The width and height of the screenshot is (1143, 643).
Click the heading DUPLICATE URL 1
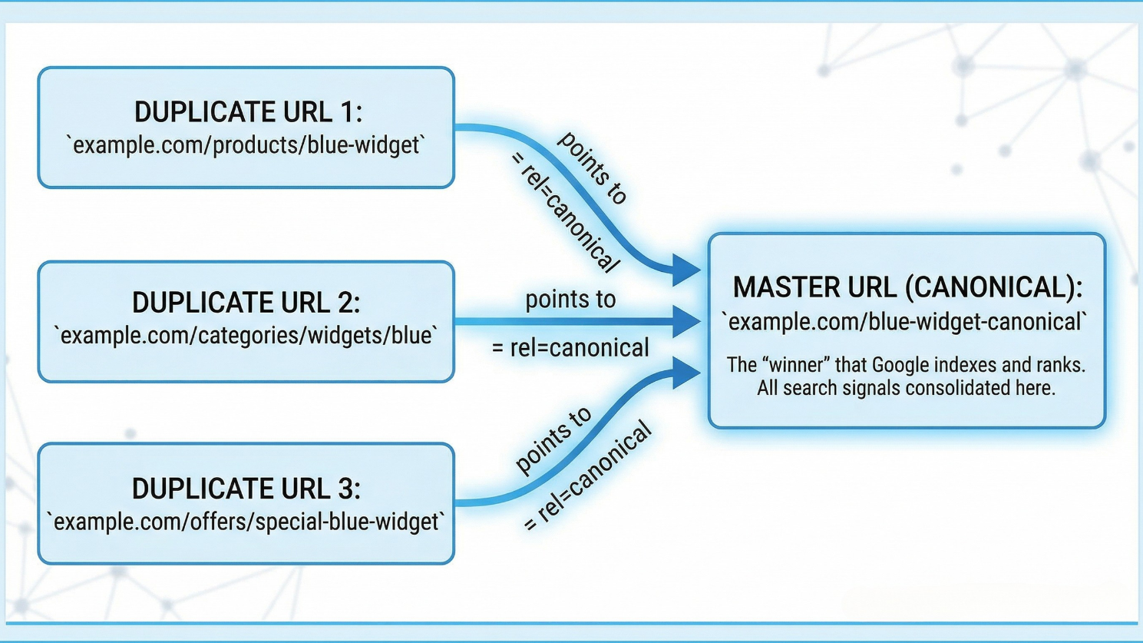(x=247, y=112)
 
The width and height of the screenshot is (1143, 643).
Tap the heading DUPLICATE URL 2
(x=246, y=303)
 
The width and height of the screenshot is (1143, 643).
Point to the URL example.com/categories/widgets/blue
(x=246, y=336)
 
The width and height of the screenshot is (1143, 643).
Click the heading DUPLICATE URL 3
(x=246, y=489)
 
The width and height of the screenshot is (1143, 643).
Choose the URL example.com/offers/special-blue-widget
(x=246, y=522)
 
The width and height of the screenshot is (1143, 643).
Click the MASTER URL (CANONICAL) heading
(x=907, y=287)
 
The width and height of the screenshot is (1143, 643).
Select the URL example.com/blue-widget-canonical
(x=907, y=322)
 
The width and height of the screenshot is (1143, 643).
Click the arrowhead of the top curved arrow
(x=685, y=270)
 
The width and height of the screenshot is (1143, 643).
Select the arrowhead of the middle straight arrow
(x=685, y=321)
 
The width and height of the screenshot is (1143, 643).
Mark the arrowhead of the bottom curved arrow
(x=685, y=373)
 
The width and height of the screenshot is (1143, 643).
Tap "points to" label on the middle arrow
(x=570, y=299)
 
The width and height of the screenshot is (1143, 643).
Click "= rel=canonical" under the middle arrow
(x=570, y=348)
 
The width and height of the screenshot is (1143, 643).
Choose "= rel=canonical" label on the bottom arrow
(x=587, y=477)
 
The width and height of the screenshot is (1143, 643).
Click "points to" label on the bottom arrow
(x=553, y=440)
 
